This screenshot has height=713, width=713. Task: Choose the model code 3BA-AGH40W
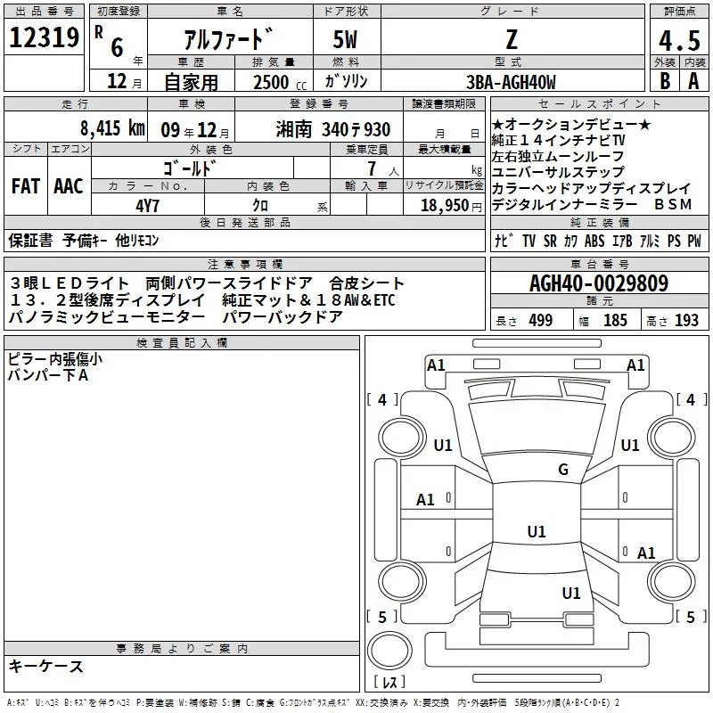(512, 82)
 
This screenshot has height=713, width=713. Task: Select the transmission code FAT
(25, 185)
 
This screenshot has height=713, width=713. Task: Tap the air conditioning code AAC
(68, 185)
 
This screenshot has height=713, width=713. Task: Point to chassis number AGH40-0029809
(598, 283)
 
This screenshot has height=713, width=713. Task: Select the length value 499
(540, 321)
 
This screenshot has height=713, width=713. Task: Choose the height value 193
(686, 321)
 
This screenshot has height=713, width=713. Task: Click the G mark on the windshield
(562, 470)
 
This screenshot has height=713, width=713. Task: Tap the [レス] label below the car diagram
(389, 684)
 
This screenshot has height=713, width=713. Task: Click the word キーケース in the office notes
(45, 666)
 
